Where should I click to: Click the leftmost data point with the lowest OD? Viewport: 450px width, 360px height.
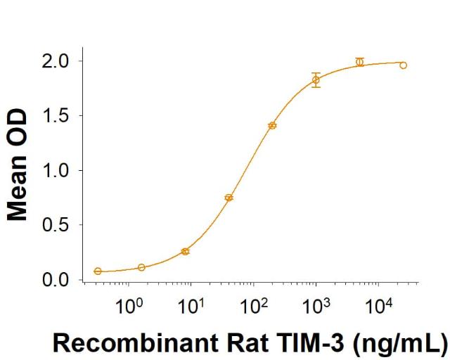click(98, 271)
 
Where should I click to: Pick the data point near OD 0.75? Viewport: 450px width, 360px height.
click(229, 198)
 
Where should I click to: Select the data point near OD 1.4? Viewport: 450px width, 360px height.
click(272, 125)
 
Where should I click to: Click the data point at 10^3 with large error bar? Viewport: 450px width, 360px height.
click(316, 80)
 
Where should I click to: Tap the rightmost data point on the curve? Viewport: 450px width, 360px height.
click(404, 65)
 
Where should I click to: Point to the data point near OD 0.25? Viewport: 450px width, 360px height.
click(185, 251)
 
